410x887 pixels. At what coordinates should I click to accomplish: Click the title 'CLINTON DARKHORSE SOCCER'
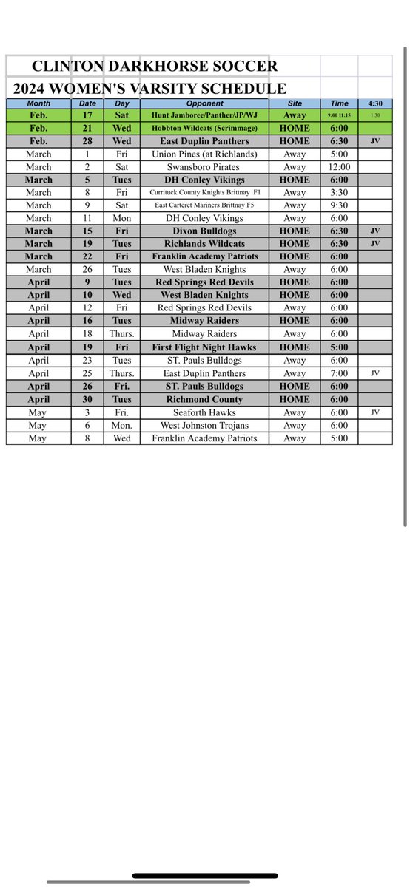tap(145, 66)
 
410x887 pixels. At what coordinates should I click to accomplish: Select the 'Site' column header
tap(295, 103)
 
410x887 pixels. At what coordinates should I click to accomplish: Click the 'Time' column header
tap(339, 103)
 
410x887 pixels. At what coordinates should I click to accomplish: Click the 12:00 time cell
tap(339, 167)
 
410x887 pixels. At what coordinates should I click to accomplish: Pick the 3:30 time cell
tap(339, 192)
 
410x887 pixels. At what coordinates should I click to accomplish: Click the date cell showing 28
tap(87, 141)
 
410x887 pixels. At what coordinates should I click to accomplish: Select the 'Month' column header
tap(38, 103)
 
